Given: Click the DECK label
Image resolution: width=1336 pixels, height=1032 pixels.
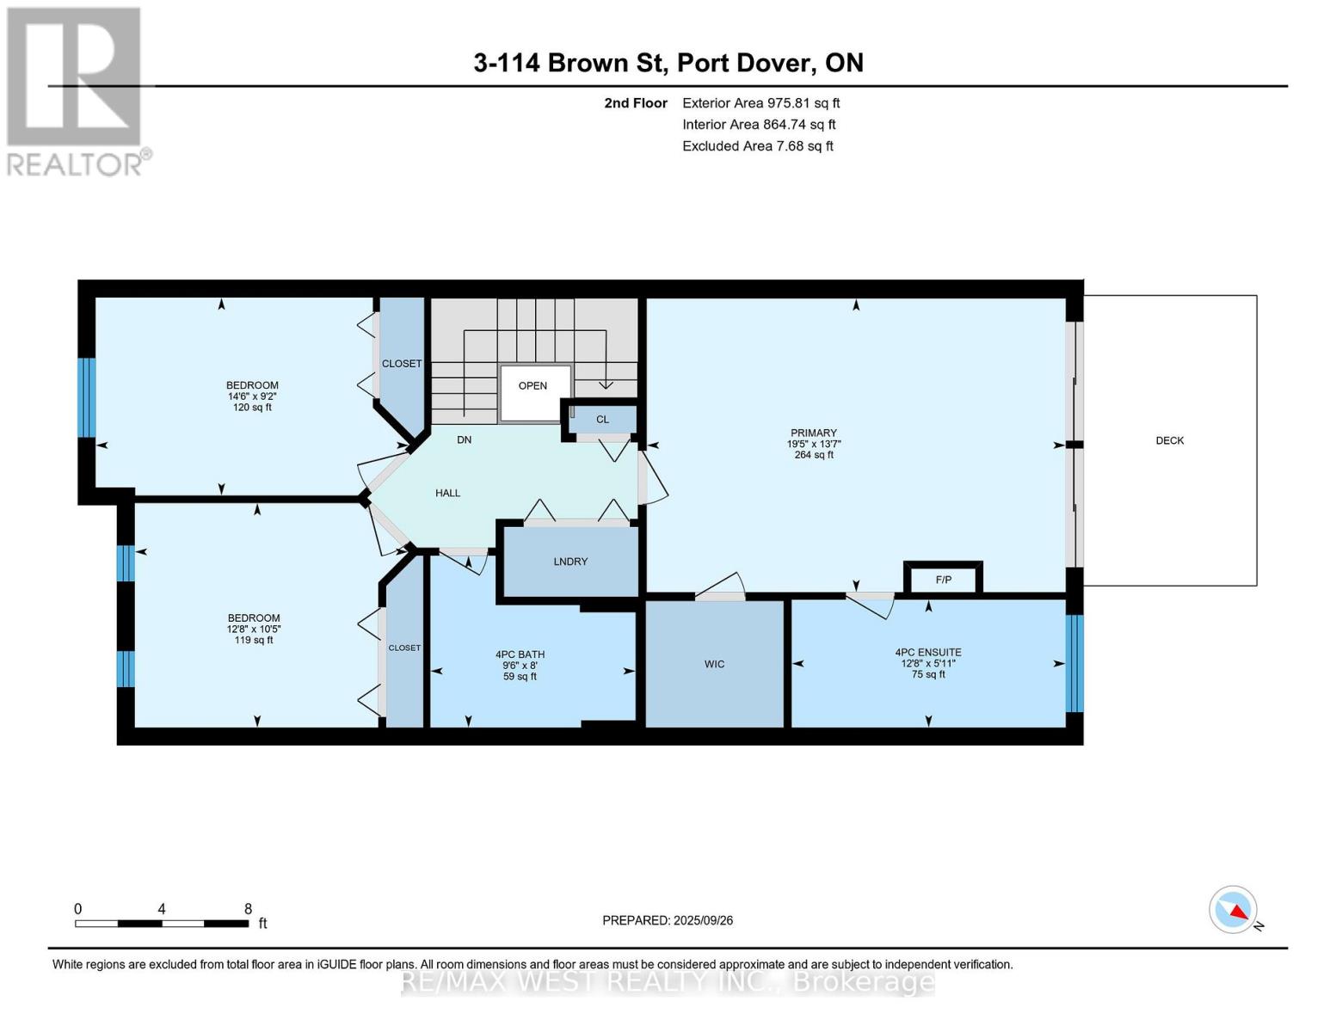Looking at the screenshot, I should click(x=1169, y=440).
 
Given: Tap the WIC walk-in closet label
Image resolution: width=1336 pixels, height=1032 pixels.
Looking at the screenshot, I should click(x=714, y=664).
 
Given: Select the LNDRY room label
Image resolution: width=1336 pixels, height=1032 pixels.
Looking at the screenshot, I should click(x=570, y=562).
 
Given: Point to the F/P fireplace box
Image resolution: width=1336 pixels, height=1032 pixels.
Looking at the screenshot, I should click(x=943, y=580).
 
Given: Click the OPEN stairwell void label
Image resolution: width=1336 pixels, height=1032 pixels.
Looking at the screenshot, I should click(x=533, y=385).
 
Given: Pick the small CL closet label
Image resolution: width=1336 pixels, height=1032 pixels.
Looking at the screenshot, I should click(x=602, y=420).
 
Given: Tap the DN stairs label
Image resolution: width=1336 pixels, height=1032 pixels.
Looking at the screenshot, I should click(x=464, y=439).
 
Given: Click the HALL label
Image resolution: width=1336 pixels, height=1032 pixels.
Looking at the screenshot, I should click(x=447, y=493).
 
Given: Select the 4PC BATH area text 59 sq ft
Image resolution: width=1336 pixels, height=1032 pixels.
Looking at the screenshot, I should click(x=520, y=677).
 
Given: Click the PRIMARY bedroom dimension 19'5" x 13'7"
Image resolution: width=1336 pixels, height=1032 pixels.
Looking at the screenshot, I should click(x=813, y=444).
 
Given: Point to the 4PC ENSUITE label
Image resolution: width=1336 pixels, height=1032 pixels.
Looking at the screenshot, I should click(x=927, y=652).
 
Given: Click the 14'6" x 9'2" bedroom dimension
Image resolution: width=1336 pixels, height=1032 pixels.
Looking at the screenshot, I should click(x=252, y=396).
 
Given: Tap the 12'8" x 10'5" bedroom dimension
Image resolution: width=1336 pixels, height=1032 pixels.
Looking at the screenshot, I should click(x=254, y=629).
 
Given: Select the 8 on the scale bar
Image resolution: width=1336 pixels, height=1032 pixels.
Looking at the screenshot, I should click(x=248, y=909).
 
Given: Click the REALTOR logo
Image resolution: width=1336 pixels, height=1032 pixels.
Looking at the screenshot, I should click(x=76, y=91).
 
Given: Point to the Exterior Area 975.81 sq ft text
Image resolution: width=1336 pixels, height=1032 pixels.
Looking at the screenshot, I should click(x=760, y=103).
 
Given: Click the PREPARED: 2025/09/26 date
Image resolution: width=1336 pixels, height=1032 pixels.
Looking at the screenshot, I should click(x=668, y=920).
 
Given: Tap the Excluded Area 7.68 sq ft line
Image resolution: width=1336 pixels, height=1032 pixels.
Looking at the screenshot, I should click(x=757, y=146).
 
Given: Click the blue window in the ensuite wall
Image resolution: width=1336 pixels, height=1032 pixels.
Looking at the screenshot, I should click(x=1074, y=664).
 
